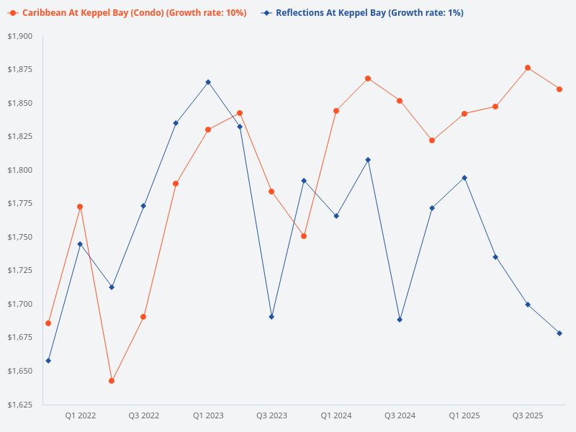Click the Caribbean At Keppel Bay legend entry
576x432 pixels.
point(130,13)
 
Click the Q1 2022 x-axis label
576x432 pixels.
point(80,415)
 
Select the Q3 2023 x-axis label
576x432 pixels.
point(271,415)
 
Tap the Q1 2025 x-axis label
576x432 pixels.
point(464,415)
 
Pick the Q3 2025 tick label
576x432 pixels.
point(528,415)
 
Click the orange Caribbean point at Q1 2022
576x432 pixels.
point(80,207)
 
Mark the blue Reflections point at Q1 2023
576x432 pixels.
point(208,82)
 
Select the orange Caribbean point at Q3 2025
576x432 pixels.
point(528,68)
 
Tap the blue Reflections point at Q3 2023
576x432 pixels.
point(271,317)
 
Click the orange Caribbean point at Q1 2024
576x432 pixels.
point(336,111)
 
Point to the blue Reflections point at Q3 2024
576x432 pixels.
point(400,320)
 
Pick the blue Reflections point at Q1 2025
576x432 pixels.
point(464,178)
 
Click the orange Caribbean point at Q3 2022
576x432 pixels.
point(143,317)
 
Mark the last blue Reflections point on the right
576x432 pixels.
point(559,333)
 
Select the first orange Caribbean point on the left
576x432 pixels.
point(48,323)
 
